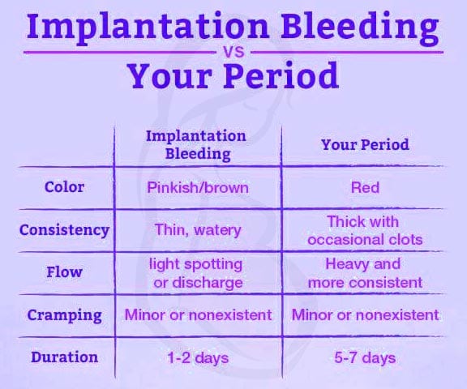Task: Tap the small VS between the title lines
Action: tap(233, 52)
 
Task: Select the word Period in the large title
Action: tap(276, 77)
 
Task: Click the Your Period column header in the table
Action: tap(365, 145)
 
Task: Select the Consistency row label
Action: tap(64, 230)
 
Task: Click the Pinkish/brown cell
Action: tap(198, 187)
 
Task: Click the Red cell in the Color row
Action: tap(365, 187)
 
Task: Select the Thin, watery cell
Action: tap(198, 230)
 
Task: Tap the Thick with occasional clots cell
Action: tap(365, 230)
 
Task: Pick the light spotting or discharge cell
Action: tap(198, 273)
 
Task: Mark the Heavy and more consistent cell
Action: tap(365, 273)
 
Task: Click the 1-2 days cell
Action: tap(198, 357)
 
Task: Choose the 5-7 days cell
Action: tap(365, 357)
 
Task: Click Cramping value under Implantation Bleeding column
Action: tap(198, 314)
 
